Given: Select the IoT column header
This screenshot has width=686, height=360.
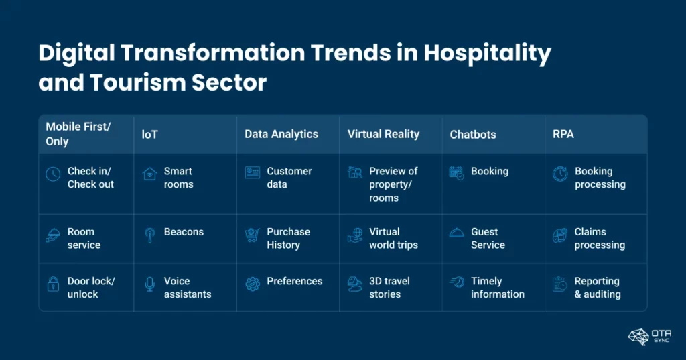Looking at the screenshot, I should pos(149,134).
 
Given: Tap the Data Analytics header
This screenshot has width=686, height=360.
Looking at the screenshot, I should pos(281,134).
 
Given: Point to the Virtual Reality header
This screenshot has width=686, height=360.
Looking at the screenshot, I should pos(383,134).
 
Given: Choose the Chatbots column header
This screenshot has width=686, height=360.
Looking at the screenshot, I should pos(473,135).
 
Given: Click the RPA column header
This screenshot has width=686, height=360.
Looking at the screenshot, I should pos(564,134).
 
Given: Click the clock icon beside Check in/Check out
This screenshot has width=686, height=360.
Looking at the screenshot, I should pos(53,174).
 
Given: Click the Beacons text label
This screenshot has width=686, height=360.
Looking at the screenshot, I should pos(184,232).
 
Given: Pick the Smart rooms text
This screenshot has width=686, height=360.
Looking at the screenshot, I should pos(179,178).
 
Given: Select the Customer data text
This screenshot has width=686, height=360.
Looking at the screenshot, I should pos(289,178).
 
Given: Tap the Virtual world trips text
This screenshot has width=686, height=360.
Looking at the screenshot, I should pos(393,238).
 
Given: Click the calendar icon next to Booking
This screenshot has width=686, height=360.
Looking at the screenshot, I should pos(456,173).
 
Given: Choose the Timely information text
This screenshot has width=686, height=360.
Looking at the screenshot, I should pos(497,288).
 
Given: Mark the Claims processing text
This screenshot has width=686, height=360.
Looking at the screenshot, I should pos(600,238).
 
